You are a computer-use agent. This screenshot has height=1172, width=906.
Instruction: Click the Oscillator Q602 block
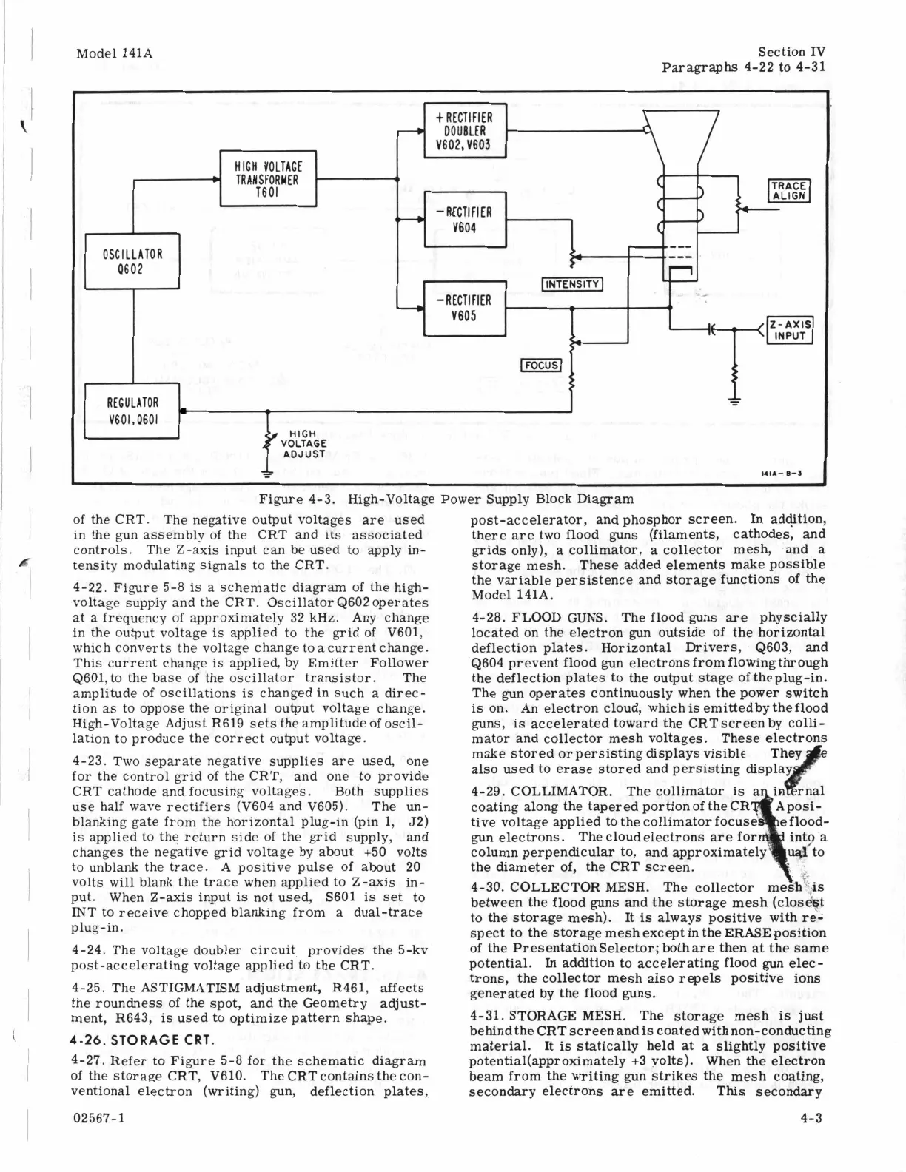[x=132, y=260]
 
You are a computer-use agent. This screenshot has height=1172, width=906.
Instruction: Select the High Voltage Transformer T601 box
[x=267, y=178]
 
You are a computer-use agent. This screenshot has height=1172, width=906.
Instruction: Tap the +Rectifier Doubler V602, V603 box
[x=464, y=131]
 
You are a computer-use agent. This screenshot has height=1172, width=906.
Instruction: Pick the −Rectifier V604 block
[x=464, y=219]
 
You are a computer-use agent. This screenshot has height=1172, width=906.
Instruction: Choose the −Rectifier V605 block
[x=464, y=308]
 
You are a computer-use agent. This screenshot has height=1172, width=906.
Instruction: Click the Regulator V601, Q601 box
[x=132, y=411]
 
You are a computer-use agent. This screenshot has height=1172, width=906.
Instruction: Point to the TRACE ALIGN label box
[x=790, y=190]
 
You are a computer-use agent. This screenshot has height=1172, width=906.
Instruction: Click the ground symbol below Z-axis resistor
[x=735, y=402]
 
